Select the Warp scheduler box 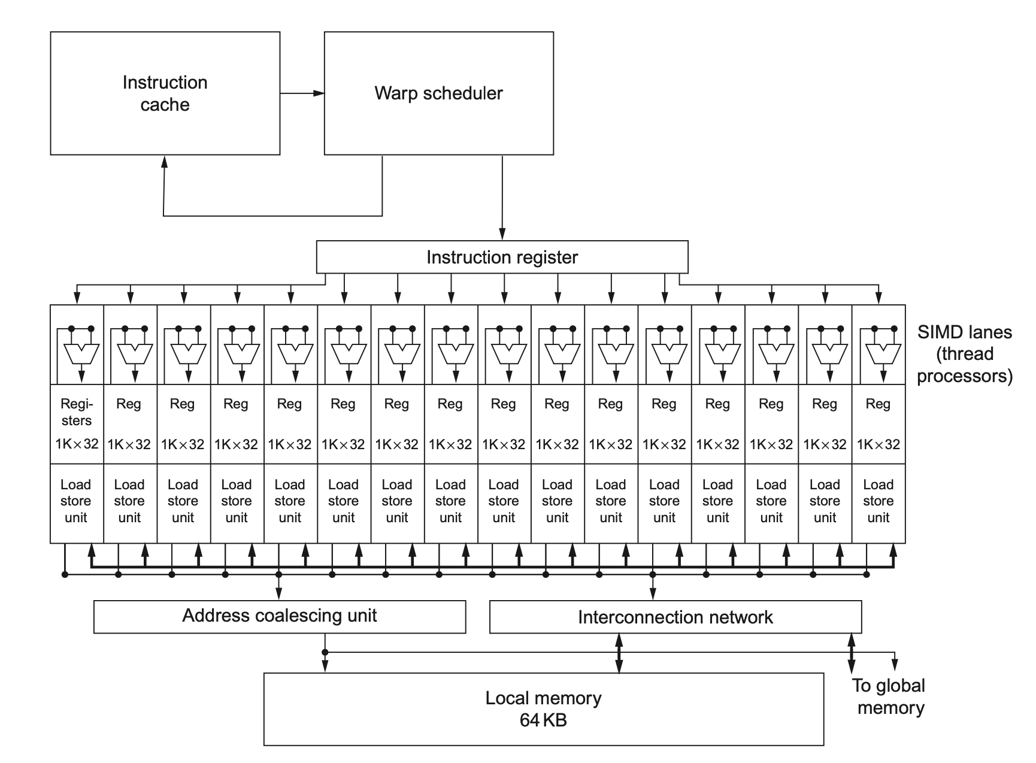coord(438,93)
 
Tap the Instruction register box coord(502,258)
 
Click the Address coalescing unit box coord(279,616)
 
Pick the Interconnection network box coord(675,617)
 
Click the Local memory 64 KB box coord(543,709)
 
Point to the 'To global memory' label coord(889,697)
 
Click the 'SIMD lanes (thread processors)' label coord(964,354)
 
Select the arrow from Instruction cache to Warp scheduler coord(302,93)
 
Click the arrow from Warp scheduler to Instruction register coord(502,198)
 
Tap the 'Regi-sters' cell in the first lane coord(77,413)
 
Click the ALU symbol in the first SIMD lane coord(82,354)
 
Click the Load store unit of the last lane coord(878,501)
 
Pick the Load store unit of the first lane coord(76,501)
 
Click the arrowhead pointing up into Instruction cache coord(164,161)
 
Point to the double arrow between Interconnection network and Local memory coord(619,653)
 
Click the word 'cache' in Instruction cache coord(165,105)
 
